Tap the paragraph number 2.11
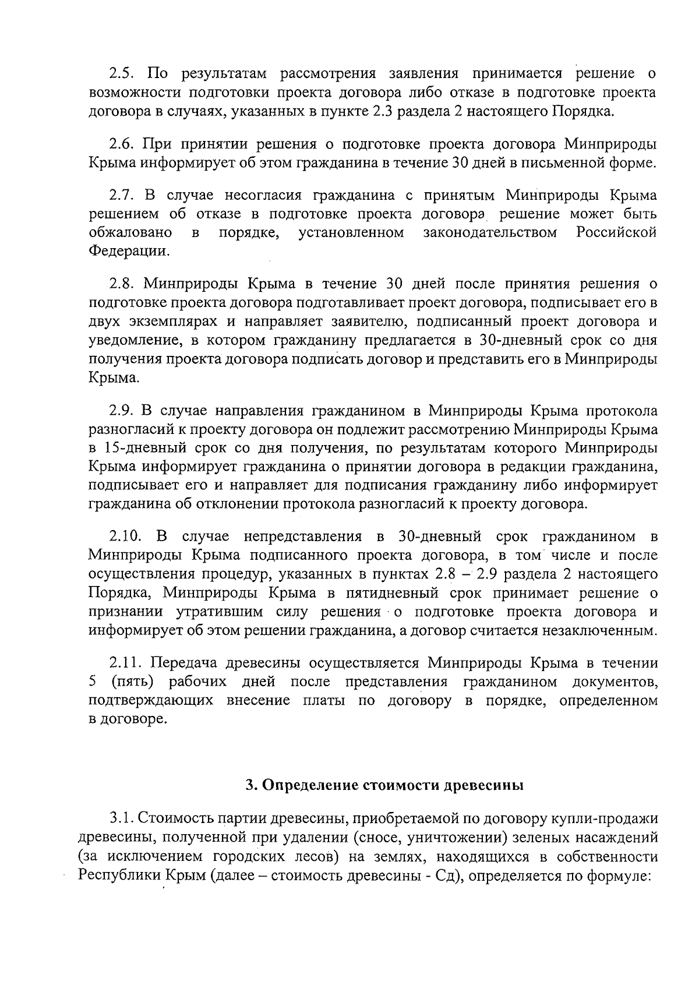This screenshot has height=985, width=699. coord(125,663)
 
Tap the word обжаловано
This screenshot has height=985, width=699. coord(130,233)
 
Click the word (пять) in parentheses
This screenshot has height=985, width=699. coord(135,682)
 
